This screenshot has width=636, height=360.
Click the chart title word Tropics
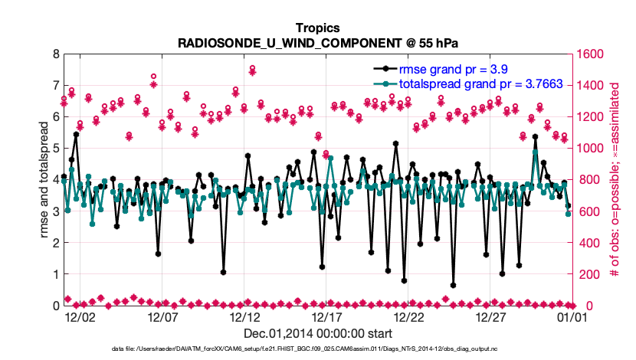[x=317, y=28]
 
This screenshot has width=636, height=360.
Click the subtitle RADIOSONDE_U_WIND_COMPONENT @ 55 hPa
[x=317, y=43]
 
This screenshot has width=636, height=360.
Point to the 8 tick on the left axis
[x=54, y=54]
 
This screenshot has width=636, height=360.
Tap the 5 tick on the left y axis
[x=54, y=149]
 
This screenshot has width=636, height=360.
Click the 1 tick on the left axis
[x=54, y=274]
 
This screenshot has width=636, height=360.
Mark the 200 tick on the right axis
[x=588, y=274]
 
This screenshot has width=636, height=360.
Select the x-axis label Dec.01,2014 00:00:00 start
[x=317, y=333]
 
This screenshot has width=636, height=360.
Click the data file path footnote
[x=317, y=349]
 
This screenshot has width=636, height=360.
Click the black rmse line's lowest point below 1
[x=454, y=285]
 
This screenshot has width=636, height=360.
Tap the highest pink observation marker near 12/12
[x=252, y=69]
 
